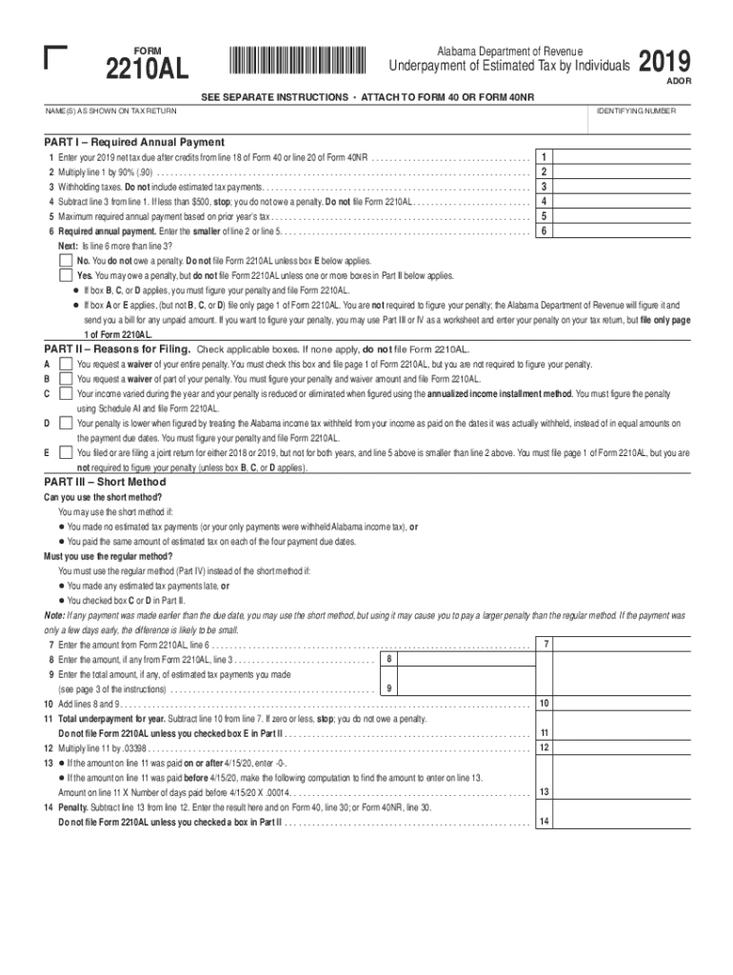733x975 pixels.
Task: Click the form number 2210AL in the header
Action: pyautogui.click(x=147, y=70)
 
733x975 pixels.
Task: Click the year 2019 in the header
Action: pyautogui.click(x=664, y=62)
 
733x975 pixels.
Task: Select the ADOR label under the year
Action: pyautogui.click(x=678, y=82)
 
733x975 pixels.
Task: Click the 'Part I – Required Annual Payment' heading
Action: pyautogui.click(x=134, y=142)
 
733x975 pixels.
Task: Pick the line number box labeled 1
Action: pyautogui.click(x=543, y=156)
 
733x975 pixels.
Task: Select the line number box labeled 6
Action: pyautogui.click(x=543, y=230)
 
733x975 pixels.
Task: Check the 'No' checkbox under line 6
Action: pyautogui.click(x=65, y=260)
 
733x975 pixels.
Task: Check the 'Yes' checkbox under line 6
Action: pyautogui.click(x=65, y=275)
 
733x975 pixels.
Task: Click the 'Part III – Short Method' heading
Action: pyautogui.click(x=106, y=482)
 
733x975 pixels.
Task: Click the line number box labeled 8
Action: pyautogui.click(x=388, y=659)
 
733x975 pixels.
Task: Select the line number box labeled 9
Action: pyautogui.click(x=388, y=688)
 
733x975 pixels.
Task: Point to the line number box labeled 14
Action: pyautogui.click(x=544, y=821)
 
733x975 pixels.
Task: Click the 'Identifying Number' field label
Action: pyautogui.click(x=636, y=111)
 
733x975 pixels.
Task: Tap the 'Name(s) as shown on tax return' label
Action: pyautogui.click(x=110, y=111)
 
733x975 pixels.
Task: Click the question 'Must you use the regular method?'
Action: pyautogui.click(x=109, y=556)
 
